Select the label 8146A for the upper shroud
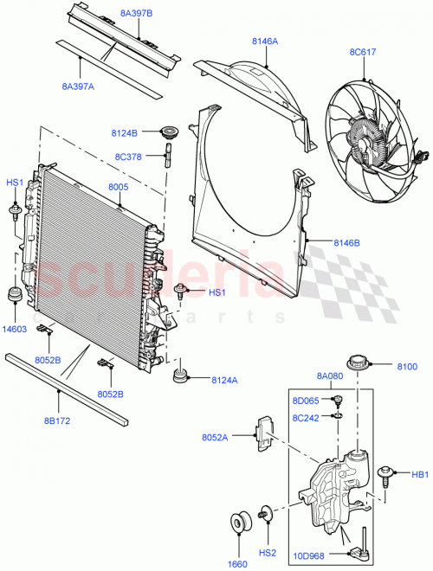click(x=264, y=41)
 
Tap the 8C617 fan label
click(x=364, y=52)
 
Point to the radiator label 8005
click(x=120, y=187)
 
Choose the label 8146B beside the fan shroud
click(x=348, y=244)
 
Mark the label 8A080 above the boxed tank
click(x=329, y=376)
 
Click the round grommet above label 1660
click(x=239, y=524)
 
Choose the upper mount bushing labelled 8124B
click(x=167, y=133)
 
